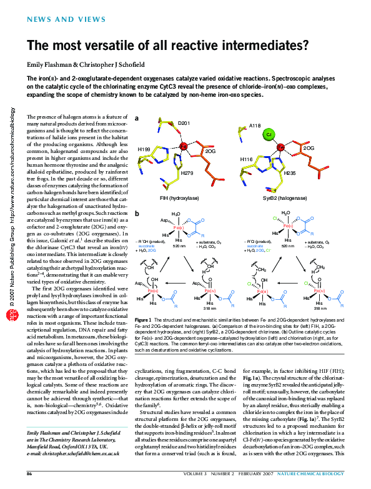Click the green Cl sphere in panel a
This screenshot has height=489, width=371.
coord(268,135)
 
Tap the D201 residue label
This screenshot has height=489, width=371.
coord(184,124)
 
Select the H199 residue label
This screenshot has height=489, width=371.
coord(144,150)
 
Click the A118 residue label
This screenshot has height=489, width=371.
coord(255,126)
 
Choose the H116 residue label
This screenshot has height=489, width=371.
coord(247,159)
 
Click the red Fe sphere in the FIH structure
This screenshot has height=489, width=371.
coord(184,146)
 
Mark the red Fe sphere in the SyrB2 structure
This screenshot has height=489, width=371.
coord(280,147)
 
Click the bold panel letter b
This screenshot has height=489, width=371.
coord(137,214)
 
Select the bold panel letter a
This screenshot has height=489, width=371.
coord(137,117)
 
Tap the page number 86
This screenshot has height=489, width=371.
coord(29,475)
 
